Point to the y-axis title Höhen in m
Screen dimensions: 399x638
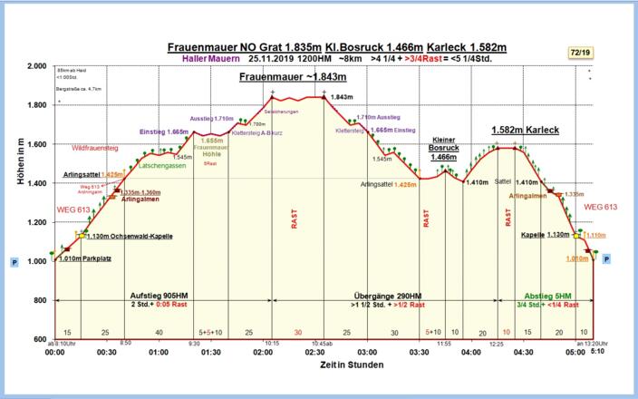[x=19, y=161]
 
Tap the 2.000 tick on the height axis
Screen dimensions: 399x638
[x=37, y=67]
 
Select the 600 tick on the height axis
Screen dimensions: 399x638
[x=41, y=339]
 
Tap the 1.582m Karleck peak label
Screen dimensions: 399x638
[x=525, y=131]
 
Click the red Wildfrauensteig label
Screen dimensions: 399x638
[x=94, y=147]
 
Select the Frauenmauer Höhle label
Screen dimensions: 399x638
[x=210, y=147]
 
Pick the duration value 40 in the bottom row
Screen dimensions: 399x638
[x=159, y=333]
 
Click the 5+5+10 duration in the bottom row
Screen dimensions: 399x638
[x=210, y=333]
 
